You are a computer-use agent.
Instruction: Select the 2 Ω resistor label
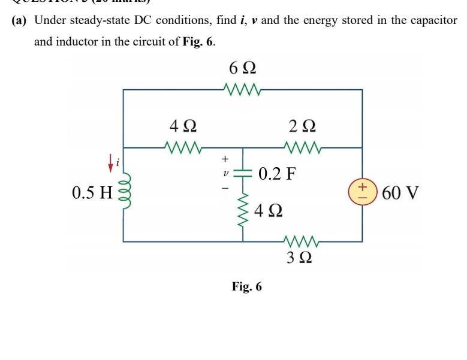[x=302, y=126]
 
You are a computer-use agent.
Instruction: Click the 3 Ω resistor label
[x=298, y=259]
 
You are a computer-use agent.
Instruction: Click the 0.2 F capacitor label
[x=278, y=174]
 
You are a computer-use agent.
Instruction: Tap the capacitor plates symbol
[x=243, y=172]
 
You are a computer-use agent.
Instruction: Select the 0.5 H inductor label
[x=92, y=193]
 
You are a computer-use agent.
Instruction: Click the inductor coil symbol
[x=123, y=192]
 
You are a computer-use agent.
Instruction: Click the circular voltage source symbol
[x=362, y=192]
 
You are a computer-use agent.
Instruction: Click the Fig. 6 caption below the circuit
[x=247, y=286]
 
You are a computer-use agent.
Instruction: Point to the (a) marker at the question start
[x=20, y=20]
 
